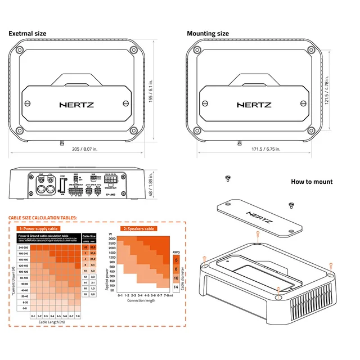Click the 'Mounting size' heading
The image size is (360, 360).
coord(208,34)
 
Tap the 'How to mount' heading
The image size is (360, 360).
coord(311,182)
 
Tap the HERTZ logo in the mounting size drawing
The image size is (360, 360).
coord(255,104)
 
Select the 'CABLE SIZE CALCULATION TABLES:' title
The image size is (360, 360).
coord(42,218)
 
